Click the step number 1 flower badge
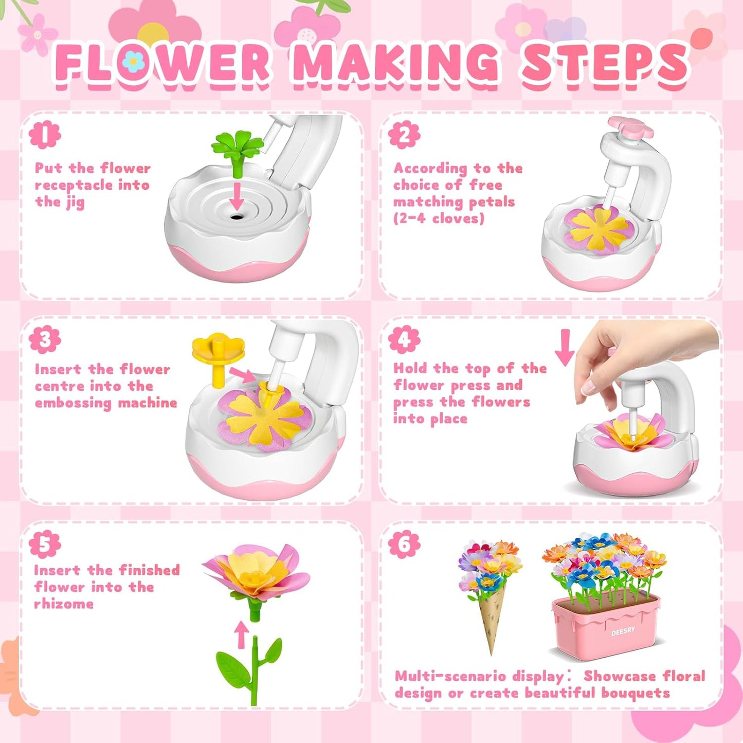[45, 135]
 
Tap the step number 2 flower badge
[404, 135]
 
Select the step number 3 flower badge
[45, 339]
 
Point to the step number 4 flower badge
[404, 339]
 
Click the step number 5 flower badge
[45, 545]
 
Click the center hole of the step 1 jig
[237, 216]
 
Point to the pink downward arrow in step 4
[564, 347]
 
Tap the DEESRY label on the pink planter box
[623, 631]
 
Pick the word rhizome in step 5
[64, 604]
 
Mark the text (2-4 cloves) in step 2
[439, 219]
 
